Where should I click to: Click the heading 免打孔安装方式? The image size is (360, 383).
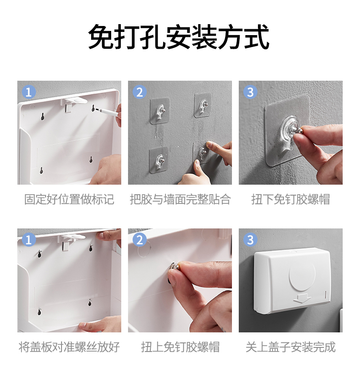coord(179,37)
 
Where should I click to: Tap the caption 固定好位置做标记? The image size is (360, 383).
coord(69,199)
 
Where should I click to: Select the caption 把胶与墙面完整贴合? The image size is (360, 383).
coord(180,199)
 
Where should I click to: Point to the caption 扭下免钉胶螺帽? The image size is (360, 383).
coord(291,199)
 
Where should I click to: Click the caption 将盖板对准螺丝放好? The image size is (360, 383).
coord(69,347)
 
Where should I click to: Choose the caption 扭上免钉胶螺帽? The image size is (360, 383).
coord(180,347)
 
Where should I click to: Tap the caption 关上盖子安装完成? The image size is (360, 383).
coord(291,347)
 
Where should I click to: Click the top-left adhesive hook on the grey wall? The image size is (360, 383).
coord(160,111)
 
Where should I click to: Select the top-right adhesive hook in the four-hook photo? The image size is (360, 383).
coord(203,105)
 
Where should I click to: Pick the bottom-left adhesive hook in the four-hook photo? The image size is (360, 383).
coord(159,160)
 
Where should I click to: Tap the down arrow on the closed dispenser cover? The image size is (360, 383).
coord(302,299)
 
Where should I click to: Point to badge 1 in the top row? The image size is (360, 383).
coord(29,92)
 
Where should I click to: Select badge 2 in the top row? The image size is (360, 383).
coord(139,92)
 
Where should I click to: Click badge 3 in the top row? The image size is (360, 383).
coord(251,92)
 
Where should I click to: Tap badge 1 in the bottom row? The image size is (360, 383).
coord(29,240)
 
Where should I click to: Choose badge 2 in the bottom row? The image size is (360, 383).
coord(139,240)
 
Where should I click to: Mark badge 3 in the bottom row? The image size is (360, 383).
coord(251,240)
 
